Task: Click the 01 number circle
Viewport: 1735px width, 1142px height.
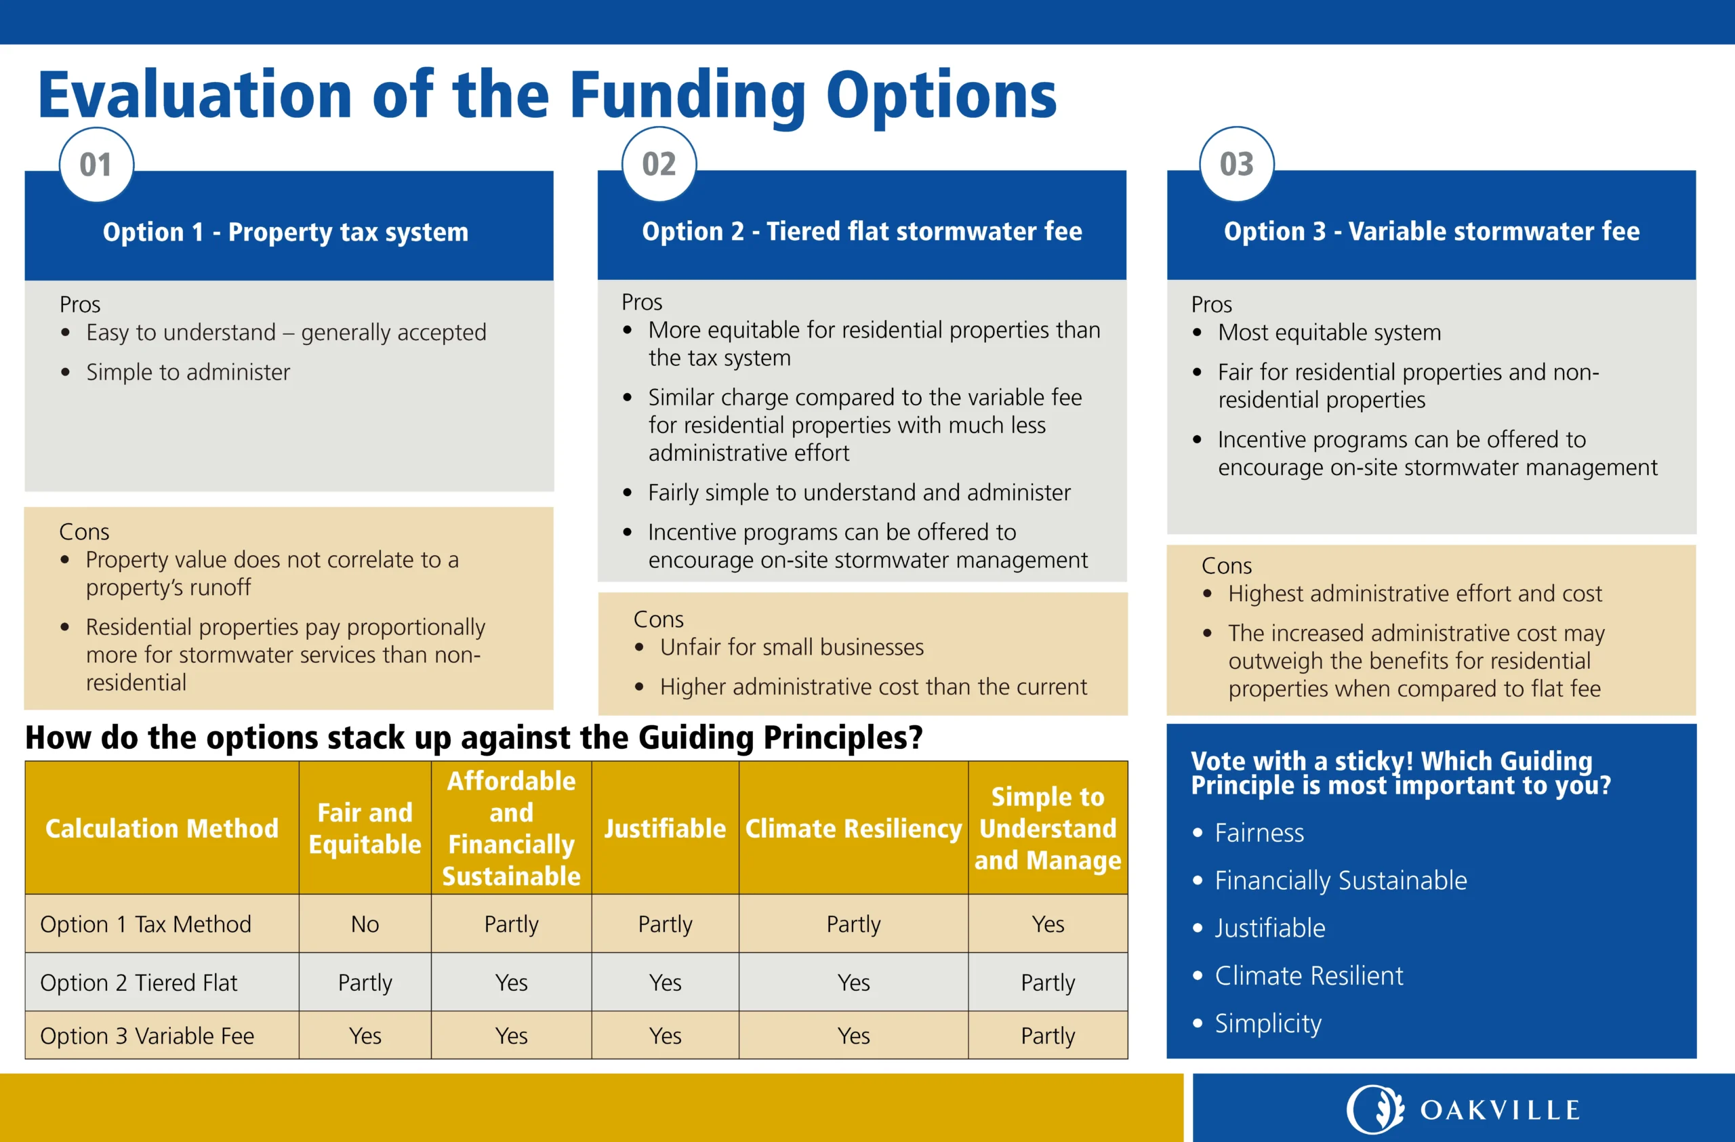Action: point(96,165)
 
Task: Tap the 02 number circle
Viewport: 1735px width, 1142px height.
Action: point(659,165)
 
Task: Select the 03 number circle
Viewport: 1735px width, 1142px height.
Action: point(1237,165)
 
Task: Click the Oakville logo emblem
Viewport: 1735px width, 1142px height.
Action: point(1375,1109)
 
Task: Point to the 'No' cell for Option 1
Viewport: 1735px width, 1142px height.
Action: point(365,924)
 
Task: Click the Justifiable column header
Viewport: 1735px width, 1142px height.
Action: point(665,829)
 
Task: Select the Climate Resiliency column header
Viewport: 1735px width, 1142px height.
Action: point(854,829)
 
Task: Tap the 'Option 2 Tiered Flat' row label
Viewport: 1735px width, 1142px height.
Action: point(138,983)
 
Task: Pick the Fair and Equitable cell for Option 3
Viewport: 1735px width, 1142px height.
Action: point(365,1036)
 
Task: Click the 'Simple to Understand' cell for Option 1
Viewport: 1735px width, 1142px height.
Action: point(1048,924)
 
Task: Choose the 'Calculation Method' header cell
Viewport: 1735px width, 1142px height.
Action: point(162,829)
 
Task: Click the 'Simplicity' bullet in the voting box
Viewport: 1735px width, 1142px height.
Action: point(1268,1024)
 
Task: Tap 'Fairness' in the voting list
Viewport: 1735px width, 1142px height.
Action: point(1259,833)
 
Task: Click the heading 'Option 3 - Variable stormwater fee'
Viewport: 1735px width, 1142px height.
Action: point(1432,232)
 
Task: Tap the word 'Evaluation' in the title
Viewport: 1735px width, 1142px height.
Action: point(195,95)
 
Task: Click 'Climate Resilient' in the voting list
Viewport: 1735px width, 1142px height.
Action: point(1309,976)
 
